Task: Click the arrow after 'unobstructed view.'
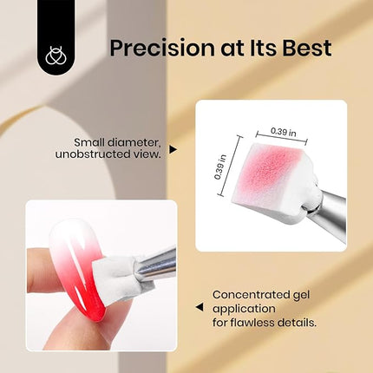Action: click(x=173, y=149)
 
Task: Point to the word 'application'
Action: click(x=244, y=307)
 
